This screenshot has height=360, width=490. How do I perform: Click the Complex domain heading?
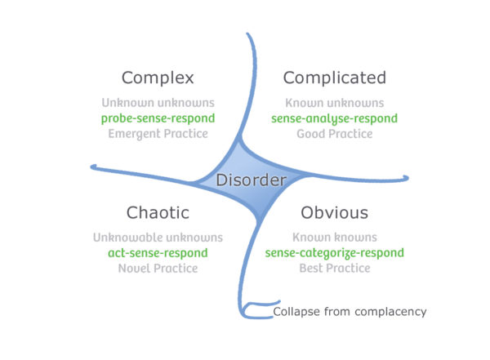(158, 78)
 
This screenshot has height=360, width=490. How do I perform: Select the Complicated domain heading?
(333, 78)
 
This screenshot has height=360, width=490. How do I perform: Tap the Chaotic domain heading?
(158, 213)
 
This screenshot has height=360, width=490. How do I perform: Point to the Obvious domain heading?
(334, 213)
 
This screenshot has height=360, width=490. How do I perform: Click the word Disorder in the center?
(251, 180)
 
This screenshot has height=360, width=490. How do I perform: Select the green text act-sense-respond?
(157, 253)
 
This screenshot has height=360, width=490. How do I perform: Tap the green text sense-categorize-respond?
(335, 253)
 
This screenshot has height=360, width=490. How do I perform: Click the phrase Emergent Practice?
(157, 133)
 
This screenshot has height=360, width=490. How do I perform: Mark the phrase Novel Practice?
(157, 269)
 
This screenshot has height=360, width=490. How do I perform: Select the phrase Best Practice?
(335, 269)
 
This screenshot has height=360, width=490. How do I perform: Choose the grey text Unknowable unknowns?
(157, 238)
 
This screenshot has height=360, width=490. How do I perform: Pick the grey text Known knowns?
(335, 238)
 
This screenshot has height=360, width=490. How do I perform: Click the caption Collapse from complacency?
(350, 311)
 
